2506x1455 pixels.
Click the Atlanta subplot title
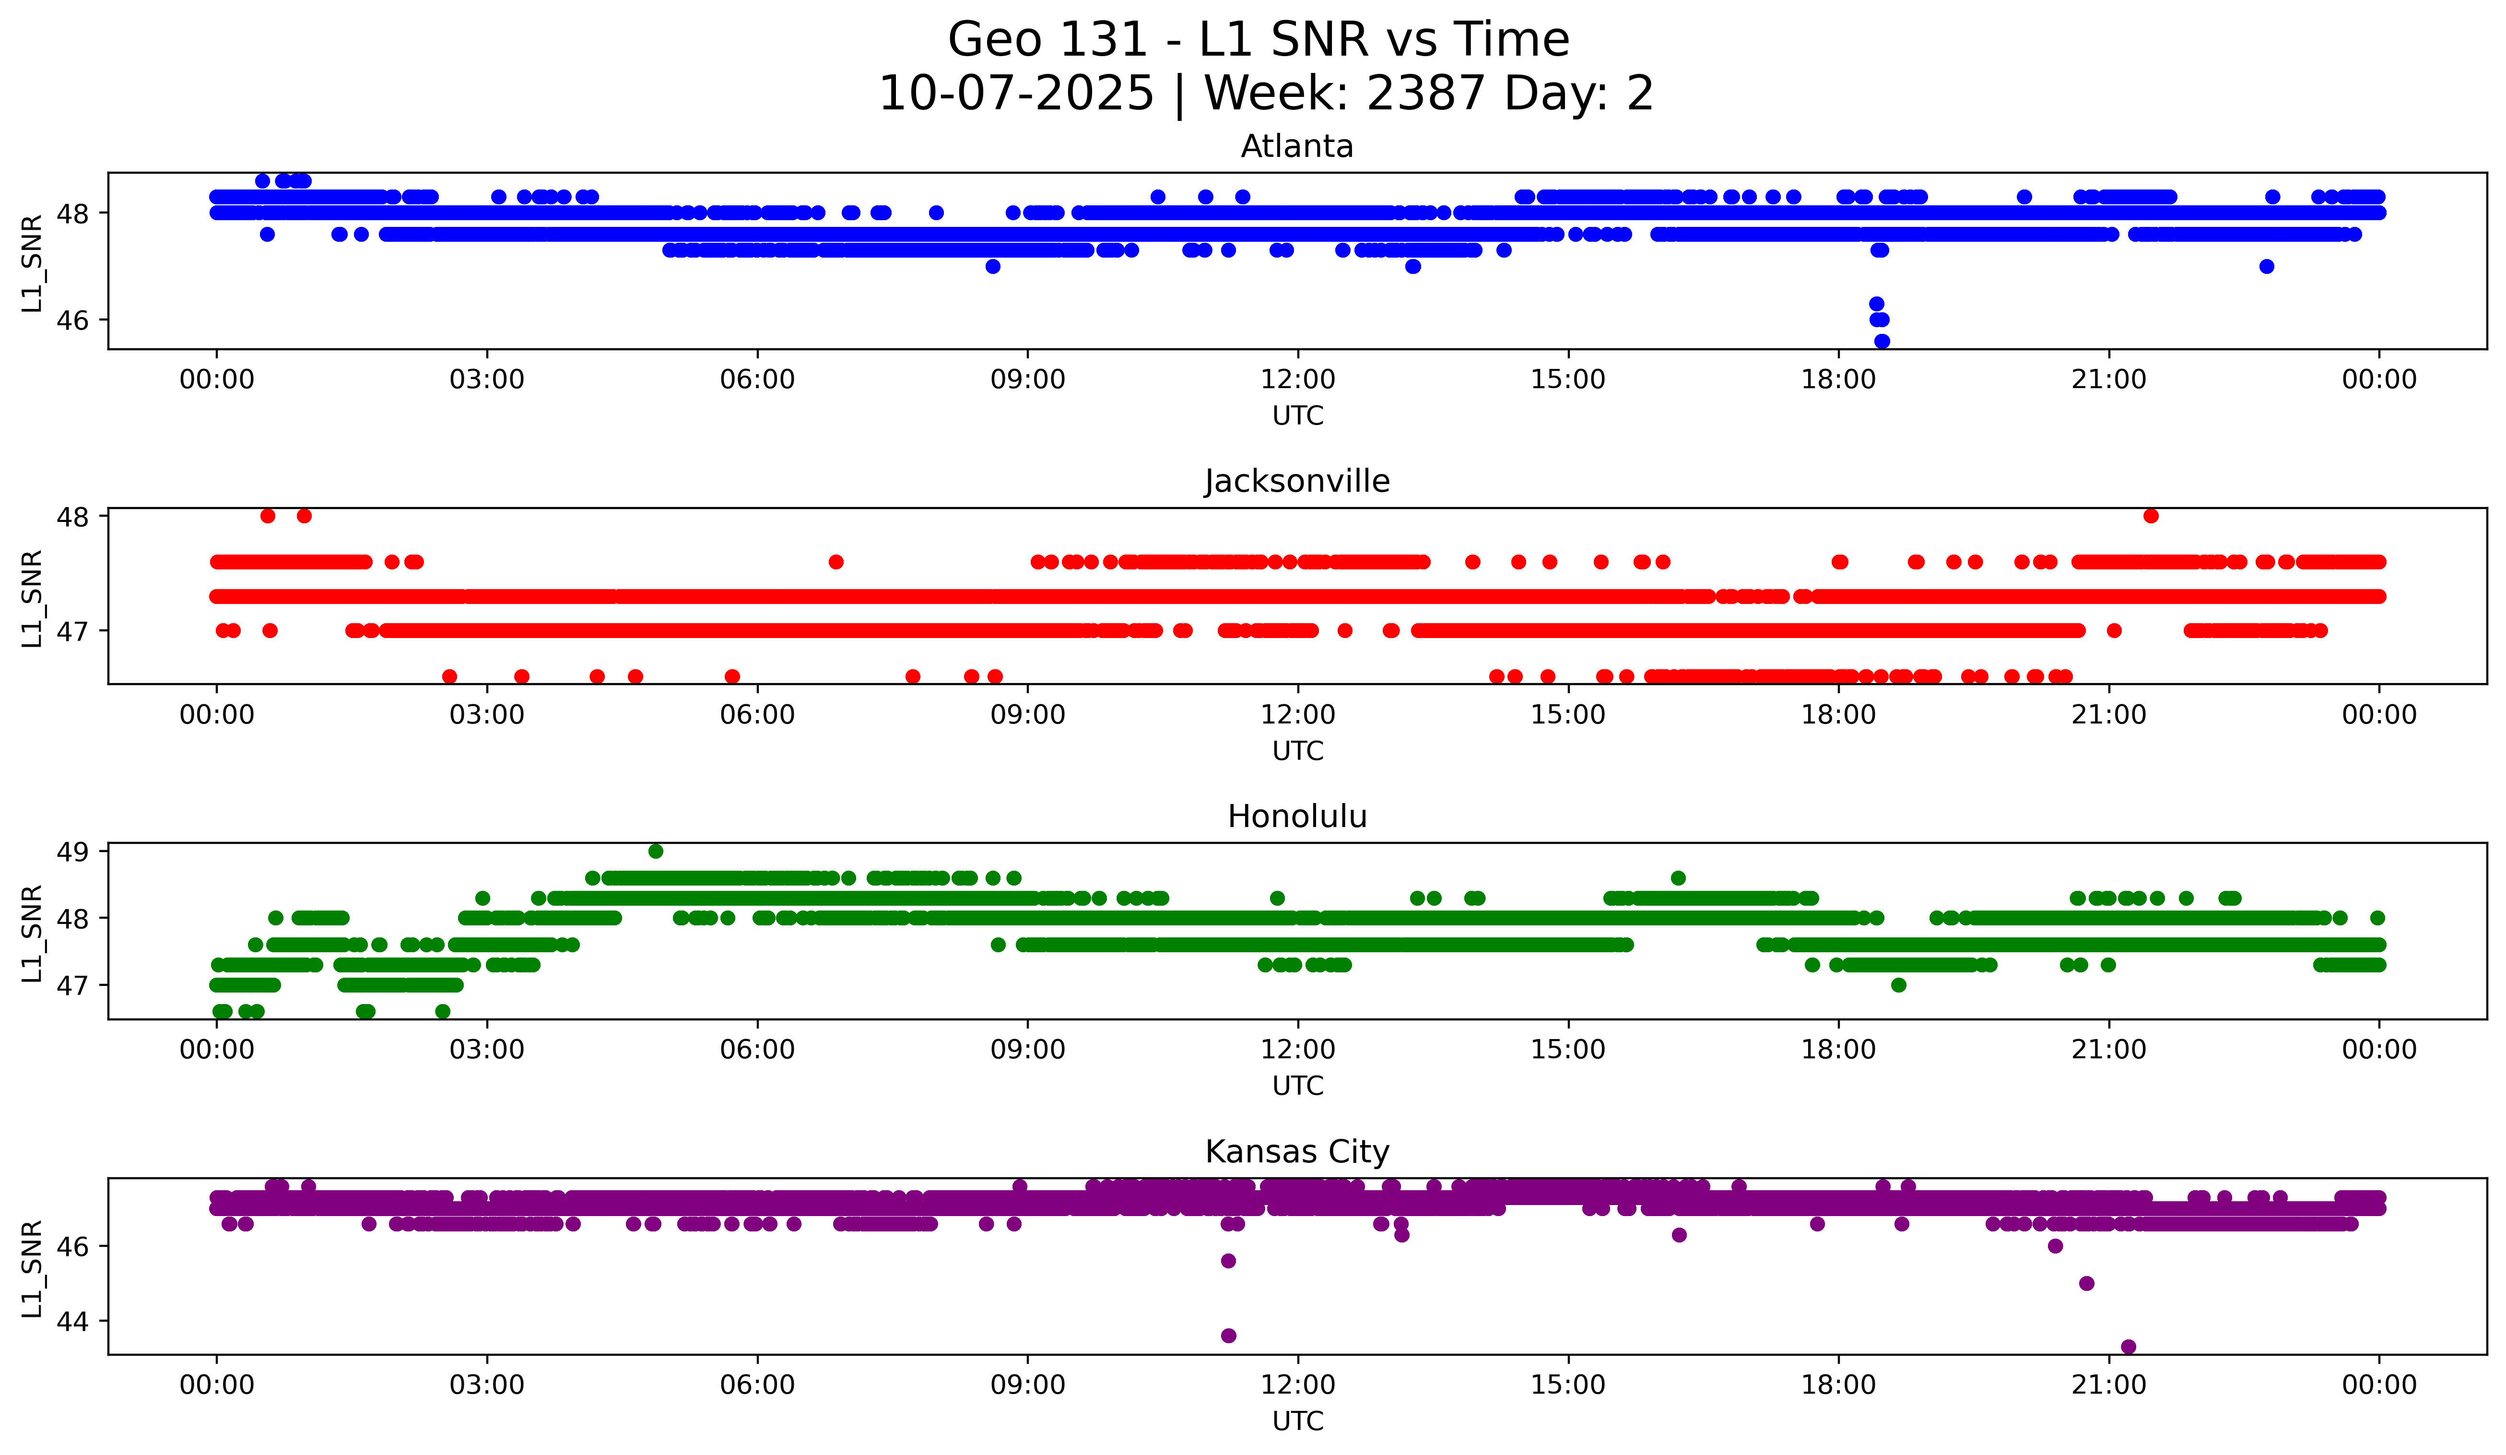(x=1297, y=146)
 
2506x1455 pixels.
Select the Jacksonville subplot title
(x=1297, y=481)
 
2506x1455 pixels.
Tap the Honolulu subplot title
(x=1297, y=816)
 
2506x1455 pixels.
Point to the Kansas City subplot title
(x=1297, y=1152)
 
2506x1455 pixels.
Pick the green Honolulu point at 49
(x=655, y=852)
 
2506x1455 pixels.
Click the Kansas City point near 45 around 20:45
(x=2086, y=1283)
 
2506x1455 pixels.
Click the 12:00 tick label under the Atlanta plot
(x=1298, y=379)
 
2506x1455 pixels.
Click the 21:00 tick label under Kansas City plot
(x=2108, y=1384)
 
